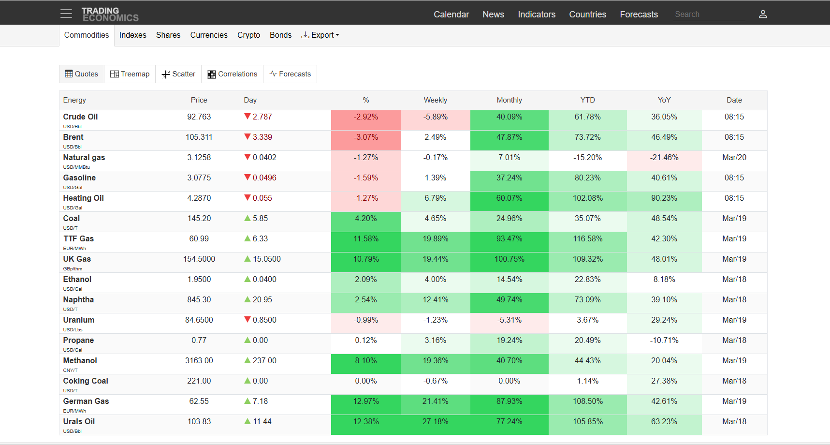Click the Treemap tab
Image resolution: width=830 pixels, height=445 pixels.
click(x=130, y=74)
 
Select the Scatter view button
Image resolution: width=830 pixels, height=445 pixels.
click(x=178, y=74)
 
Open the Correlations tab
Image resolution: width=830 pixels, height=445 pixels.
click(x=233, y=74)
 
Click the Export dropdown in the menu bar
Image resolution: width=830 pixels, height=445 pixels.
click(x=320, y=35)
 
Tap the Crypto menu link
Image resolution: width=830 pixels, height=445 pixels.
click(x=248, y=35)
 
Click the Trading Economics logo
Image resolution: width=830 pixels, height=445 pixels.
click(x=110, y=15)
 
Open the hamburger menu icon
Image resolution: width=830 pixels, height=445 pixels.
click(x=66, y=14)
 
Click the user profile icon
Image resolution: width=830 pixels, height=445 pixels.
click(x=763, y=15)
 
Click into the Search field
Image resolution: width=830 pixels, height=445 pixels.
click(x=709, y=15)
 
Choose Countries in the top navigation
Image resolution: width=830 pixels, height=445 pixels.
click(x=587, y=15)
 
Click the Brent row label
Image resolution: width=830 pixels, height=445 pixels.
click(x=73, y=137)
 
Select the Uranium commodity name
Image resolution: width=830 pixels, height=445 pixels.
click(x=79, y=320)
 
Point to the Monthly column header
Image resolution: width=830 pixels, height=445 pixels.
click(x=509, y=100)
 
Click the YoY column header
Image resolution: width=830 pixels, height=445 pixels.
click(x=664, y=100)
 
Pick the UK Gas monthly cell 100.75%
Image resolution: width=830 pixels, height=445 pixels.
click(x=509, y=259)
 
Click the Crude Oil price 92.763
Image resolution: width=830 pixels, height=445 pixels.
click(x=199, y=117)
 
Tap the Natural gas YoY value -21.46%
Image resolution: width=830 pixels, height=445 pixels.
click(x=664, y=157)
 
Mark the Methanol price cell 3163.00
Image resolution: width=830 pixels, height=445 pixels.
click(x=199, y=360)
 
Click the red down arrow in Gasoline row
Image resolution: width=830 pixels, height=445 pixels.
click(x=248, y=178)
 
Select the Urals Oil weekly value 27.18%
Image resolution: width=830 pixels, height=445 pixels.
click(x=435, y=421)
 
